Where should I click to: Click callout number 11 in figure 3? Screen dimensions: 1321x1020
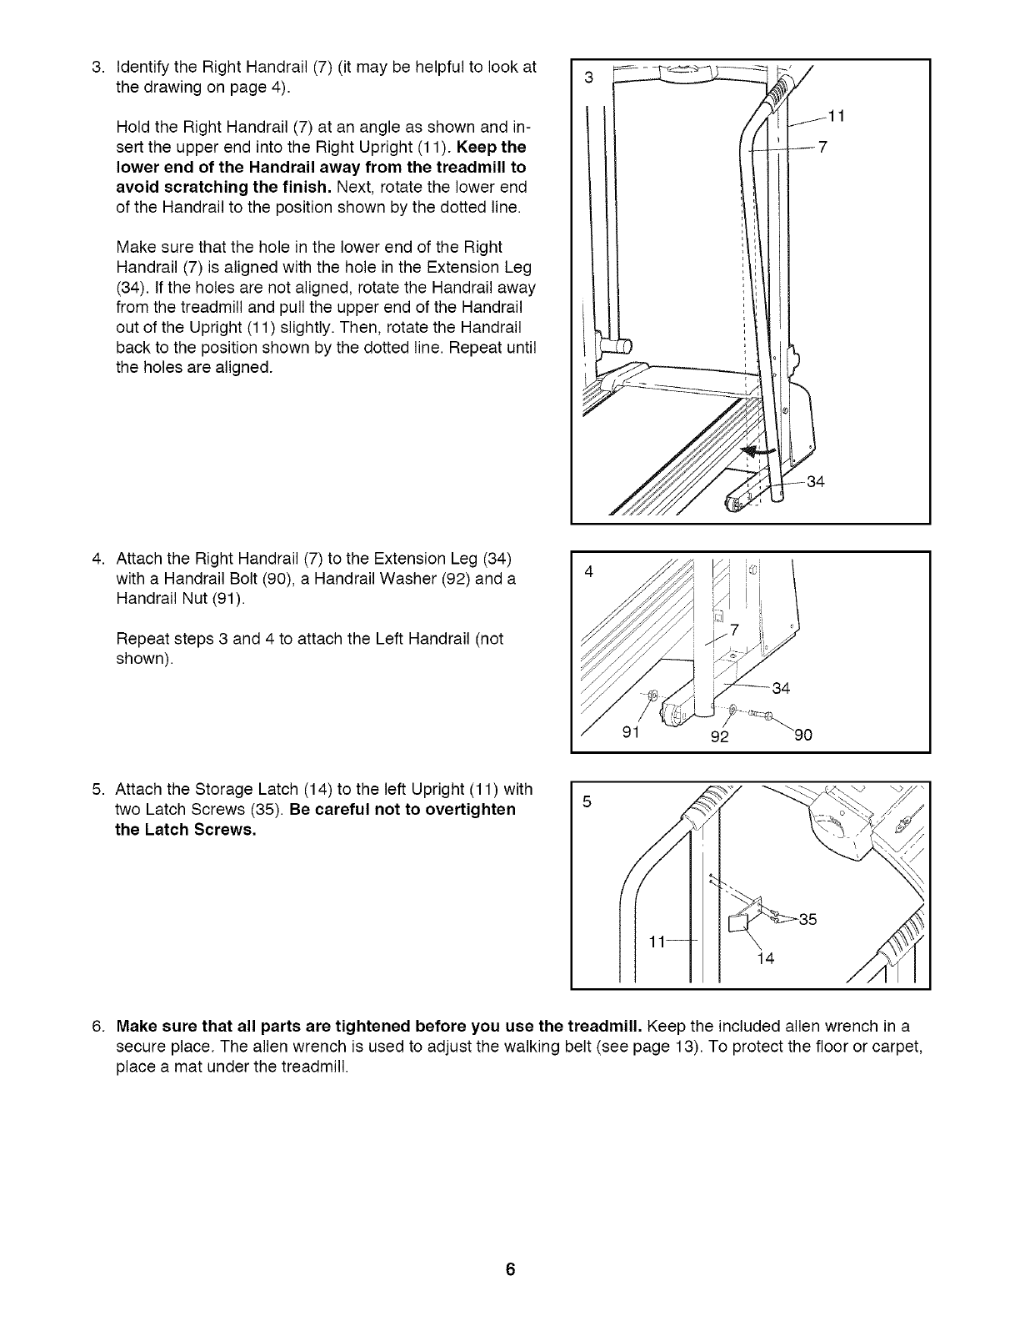point(838,118)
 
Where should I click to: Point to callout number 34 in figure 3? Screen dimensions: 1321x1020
point(815,482)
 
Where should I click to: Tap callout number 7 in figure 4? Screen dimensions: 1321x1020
point(735,631)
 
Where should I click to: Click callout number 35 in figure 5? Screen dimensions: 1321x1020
point(807,920)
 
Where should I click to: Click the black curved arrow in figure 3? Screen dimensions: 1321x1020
point(758,450)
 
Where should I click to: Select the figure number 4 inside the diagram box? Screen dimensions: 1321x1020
point(588,572)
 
